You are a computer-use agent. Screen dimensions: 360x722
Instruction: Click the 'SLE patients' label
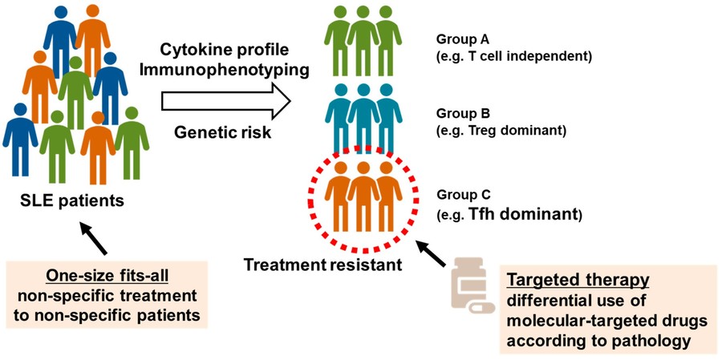tap(72, 200)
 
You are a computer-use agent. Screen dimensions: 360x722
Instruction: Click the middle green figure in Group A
tap(363, 44)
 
